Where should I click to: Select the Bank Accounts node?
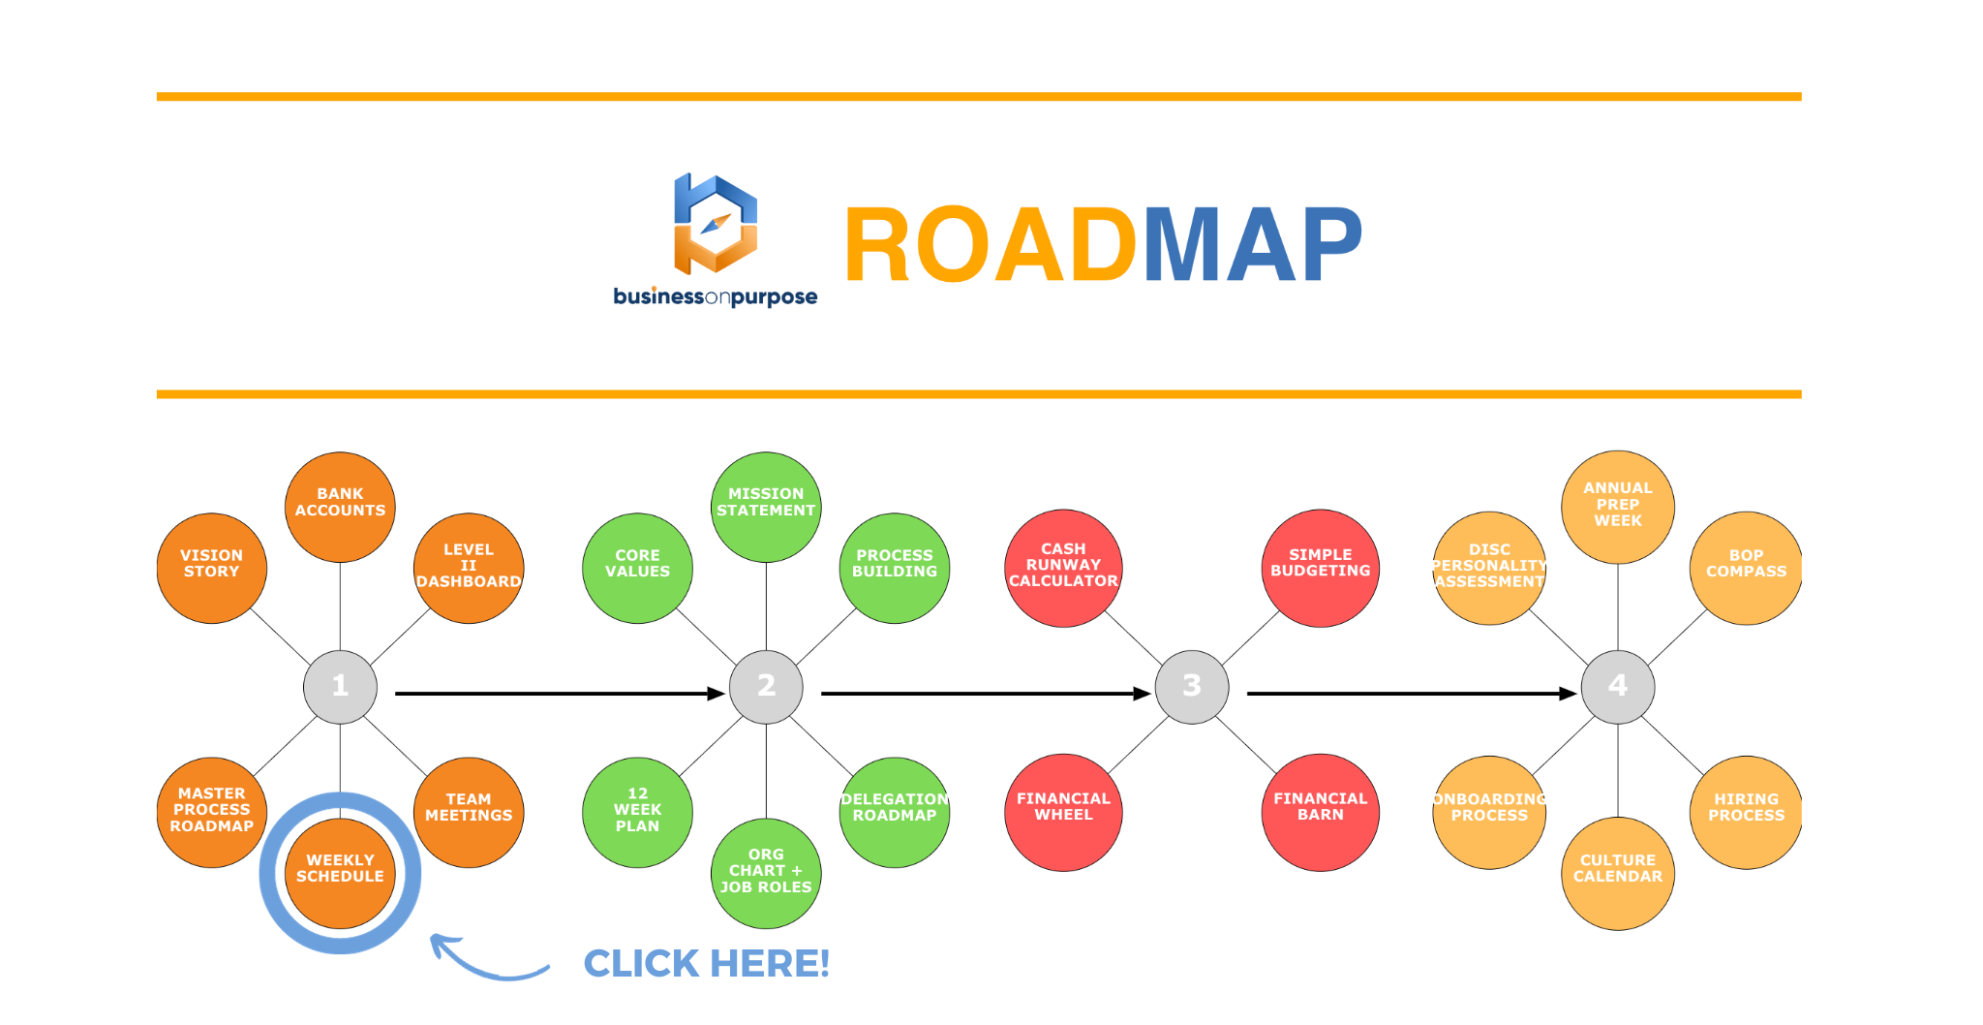pos(340,506)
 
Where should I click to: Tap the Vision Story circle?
pos(211,568)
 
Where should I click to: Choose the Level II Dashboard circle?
pos(469,568)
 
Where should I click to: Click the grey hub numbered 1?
pos(340,686)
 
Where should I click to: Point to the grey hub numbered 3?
pos(1192,686)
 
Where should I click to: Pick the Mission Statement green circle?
pos(766,506)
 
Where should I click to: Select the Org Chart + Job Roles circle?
pos(766,873)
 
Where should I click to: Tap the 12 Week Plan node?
pos(637,812)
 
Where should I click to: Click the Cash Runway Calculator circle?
pos(1063,568)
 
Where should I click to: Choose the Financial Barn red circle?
pos(1320,812)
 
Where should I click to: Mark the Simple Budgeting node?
pos(1320,568)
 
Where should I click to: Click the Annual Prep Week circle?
pos(1618,506)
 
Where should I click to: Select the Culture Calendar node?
pos(1618,873)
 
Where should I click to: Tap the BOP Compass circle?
pos(1746,568)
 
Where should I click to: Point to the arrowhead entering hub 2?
pos(717,694)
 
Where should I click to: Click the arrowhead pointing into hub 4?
pos(1569,694)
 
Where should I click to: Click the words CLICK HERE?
pos(706,964)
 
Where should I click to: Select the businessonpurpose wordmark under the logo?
pos(715,296)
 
